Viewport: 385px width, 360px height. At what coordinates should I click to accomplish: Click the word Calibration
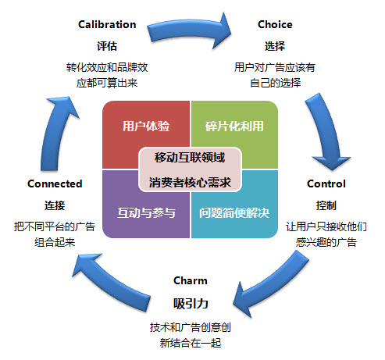[x=107, y=24]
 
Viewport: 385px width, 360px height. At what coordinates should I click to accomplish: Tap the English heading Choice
[x=275, y=24]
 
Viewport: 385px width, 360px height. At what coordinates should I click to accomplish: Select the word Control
[x=326, y=184]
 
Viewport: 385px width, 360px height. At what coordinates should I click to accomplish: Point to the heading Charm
[x=191, y=280]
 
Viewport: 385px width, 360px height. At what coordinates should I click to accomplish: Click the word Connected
[x=55, y=184]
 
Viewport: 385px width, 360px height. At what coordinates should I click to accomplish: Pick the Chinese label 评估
[x=107, y=46]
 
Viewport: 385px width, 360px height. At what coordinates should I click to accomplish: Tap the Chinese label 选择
[x=275, y=46]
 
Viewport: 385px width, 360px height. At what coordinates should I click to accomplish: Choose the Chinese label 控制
[x=326, y=205]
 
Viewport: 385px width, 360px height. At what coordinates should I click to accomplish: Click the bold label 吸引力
[x=191, y=303]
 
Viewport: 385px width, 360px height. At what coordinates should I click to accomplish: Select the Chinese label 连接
[x=55, y=205]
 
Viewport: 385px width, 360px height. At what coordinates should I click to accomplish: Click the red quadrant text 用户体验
[x=146, y=126]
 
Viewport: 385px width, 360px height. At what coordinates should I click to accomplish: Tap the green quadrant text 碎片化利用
[x=234, y=126]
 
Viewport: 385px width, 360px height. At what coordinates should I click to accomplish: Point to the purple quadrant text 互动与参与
[x=146, y=212]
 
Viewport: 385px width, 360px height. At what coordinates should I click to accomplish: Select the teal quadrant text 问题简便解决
[x=234, y=212]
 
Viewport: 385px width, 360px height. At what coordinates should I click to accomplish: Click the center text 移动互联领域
[x=190, y=158]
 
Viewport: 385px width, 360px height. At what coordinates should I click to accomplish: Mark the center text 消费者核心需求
[x=190, y=183]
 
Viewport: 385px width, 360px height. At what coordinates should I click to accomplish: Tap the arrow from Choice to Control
[x=327, y=130]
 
